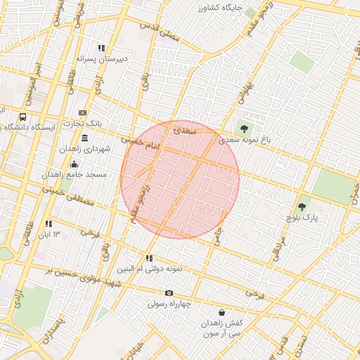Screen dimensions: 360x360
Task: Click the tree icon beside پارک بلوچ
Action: click(302, 207)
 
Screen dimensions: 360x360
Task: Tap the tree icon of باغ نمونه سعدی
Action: click(244, 129)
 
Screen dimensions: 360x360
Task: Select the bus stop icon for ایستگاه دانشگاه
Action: click(23, 117)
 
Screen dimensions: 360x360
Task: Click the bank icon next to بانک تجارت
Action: click(84, 112)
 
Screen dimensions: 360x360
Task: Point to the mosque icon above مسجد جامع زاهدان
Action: click(74, 164)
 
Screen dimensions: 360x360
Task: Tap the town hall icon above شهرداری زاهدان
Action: click(85, 138)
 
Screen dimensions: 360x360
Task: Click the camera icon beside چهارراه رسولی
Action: click(169, 292)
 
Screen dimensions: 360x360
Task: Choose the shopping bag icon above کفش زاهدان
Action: click(222, 312)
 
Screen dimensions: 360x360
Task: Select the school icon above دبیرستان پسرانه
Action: click(102, 49)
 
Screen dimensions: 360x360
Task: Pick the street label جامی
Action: click(219, 239)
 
